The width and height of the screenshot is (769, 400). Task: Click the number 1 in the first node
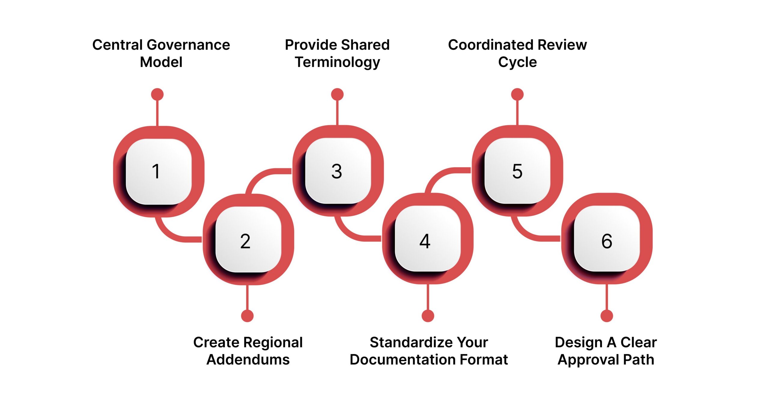coord(156,171)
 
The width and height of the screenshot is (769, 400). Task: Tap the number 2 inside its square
coord(245,241)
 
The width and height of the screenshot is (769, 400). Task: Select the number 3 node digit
coord(336,171)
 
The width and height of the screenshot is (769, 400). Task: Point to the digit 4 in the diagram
coord(425,241)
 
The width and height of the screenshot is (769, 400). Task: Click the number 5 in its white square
coord(517,171)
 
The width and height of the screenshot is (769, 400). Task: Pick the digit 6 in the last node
coord(606,241)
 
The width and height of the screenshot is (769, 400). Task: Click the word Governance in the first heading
coord(188,45)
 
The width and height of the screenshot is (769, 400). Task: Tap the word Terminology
coord(337,63)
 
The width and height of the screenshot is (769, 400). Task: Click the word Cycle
coord(517,63)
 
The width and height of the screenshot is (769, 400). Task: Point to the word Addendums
coord(248,360)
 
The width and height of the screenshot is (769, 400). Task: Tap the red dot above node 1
coord(157,94)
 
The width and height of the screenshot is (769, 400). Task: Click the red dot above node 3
coord(337,94)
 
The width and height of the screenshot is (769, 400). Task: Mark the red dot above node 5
coord(517,94)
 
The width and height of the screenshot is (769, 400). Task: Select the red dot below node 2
coord(247,316)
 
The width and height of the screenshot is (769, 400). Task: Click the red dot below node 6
coord(606,316)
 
